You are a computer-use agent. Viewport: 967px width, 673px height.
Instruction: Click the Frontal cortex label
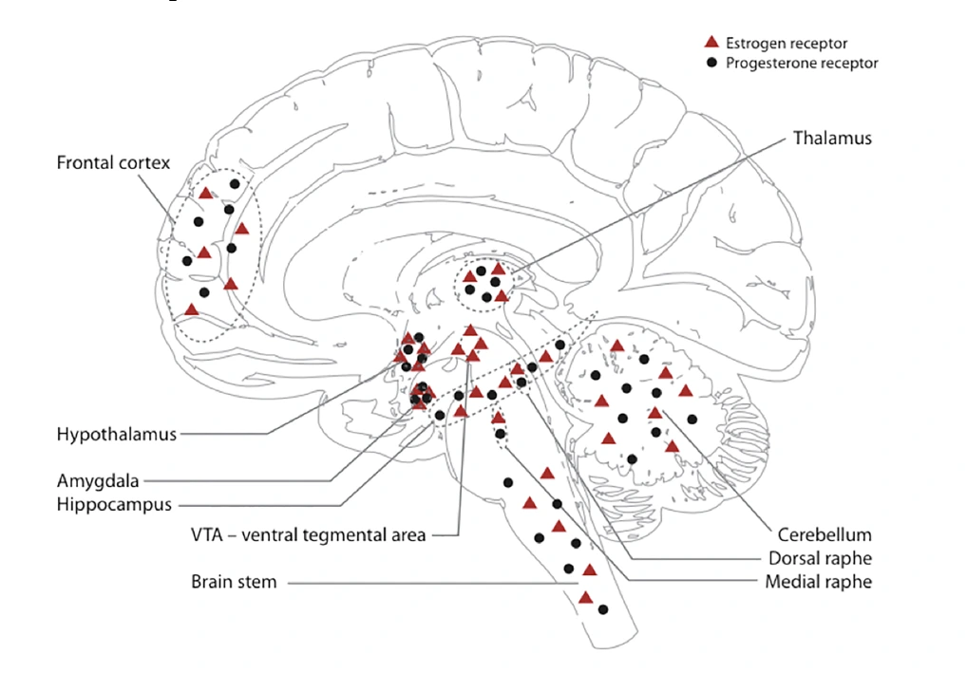click(113, 162)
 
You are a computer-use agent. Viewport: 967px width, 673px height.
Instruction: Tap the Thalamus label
click(831, 139)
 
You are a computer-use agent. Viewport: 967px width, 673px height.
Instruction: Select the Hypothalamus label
click(117, 435)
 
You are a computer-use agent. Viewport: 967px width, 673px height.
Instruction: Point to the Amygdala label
click(98, 482)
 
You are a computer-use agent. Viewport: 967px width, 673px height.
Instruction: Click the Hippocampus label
click(114, 505)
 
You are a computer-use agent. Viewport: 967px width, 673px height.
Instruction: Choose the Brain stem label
click(234, 582)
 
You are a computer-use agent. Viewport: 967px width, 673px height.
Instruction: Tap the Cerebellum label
click(825, 534)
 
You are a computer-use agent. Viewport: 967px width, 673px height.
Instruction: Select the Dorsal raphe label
click(819, 558)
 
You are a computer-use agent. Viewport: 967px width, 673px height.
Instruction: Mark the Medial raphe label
click(818, 581)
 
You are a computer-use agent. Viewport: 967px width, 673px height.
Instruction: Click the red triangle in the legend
click(709, 43)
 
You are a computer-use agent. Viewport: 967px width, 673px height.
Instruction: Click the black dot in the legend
click(710, 64)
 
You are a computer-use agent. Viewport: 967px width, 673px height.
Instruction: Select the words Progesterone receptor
click(802, 64)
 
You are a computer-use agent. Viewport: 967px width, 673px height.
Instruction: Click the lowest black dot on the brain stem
click(602, 609)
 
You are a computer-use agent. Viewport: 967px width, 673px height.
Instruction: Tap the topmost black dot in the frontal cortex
click(234, 182)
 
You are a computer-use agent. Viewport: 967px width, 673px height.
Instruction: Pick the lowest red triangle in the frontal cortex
click(192, 309)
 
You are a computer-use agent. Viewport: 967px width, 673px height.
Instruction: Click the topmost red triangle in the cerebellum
click(617, 346)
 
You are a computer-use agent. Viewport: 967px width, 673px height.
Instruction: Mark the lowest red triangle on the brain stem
click(586, 597)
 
